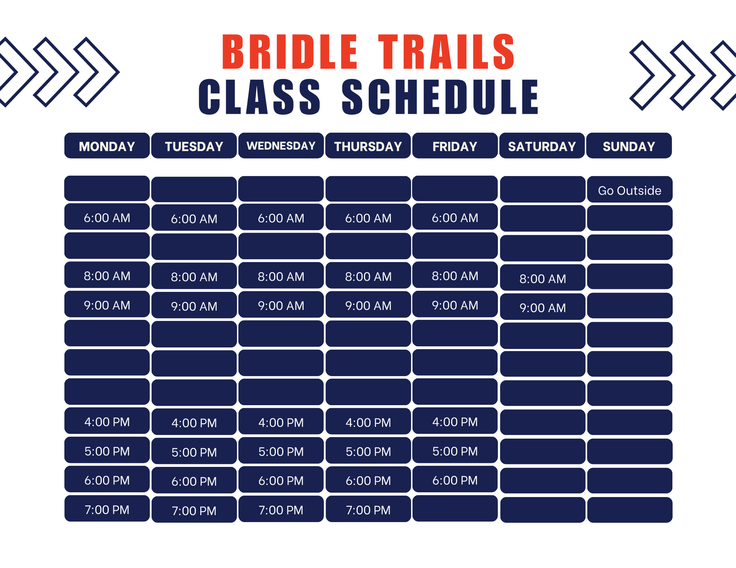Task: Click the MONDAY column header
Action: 107,146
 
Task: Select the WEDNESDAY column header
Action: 281,146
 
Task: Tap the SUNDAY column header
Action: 629,146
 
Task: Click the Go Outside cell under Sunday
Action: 629,190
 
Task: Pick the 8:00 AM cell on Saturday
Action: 542,278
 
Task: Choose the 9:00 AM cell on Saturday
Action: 542,308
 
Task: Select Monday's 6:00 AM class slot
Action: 107,218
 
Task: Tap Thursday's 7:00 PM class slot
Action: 368,510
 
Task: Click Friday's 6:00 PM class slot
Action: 455,480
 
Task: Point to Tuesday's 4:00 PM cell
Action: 194,422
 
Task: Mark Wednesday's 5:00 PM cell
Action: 281,451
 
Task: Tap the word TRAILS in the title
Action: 447,52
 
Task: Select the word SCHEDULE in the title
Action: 440,97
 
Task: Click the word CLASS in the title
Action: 260,97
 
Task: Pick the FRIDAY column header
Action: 455,146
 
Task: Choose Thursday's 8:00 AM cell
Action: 368,276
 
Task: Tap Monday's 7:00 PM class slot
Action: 107,509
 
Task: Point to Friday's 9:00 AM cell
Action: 455,305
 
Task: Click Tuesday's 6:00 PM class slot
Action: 194,481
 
